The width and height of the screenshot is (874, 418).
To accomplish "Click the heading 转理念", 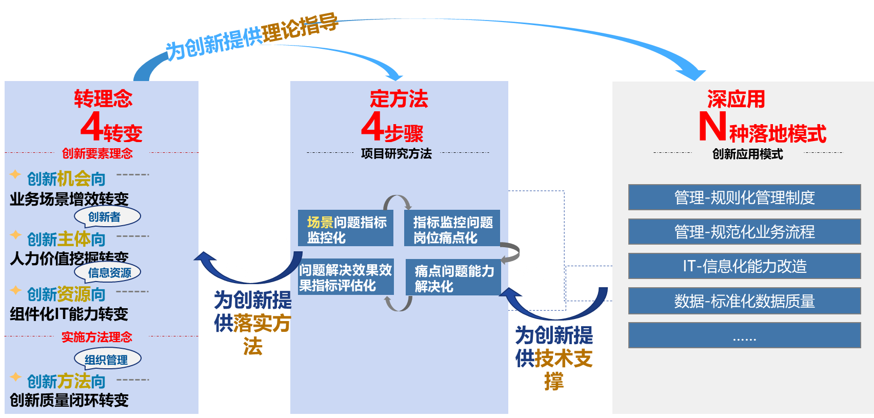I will pos(103,98).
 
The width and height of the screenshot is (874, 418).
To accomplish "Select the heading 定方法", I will pos(399,98).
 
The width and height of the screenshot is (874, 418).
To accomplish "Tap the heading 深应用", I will pos(736,98).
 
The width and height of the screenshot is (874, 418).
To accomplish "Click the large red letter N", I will pos(712,127).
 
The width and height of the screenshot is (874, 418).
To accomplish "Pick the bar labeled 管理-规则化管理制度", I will pos(744,197).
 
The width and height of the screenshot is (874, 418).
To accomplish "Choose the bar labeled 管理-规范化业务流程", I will pos(744,232).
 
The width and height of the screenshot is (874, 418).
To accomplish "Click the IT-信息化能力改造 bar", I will pos(744,266).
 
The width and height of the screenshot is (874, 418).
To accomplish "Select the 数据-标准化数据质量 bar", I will pos(744,301).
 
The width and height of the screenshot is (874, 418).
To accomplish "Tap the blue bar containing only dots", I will pos(744,335).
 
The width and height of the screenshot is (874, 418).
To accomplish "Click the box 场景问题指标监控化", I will pos(346,229).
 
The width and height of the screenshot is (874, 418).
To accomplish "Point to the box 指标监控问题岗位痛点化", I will pos(452,229).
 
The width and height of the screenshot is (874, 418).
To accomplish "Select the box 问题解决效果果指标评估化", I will pos(346,277).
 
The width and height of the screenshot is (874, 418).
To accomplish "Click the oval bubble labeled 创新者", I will pos(107,217).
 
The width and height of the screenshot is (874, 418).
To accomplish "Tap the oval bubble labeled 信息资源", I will pos(108,272).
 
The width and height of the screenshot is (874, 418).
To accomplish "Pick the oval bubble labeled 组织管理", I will pos(107,360).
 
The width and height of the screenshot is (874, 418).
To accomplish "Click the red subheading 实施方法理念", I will pos(97,337).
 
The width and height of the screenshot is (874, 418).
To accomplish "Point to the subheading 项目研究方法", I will pos(396,153).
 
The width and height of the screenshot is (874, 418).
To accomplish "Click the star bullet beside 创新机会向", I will pos(15,174).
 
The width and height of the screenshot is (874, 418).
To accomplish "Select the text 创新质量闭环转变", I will pos(69,400).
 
